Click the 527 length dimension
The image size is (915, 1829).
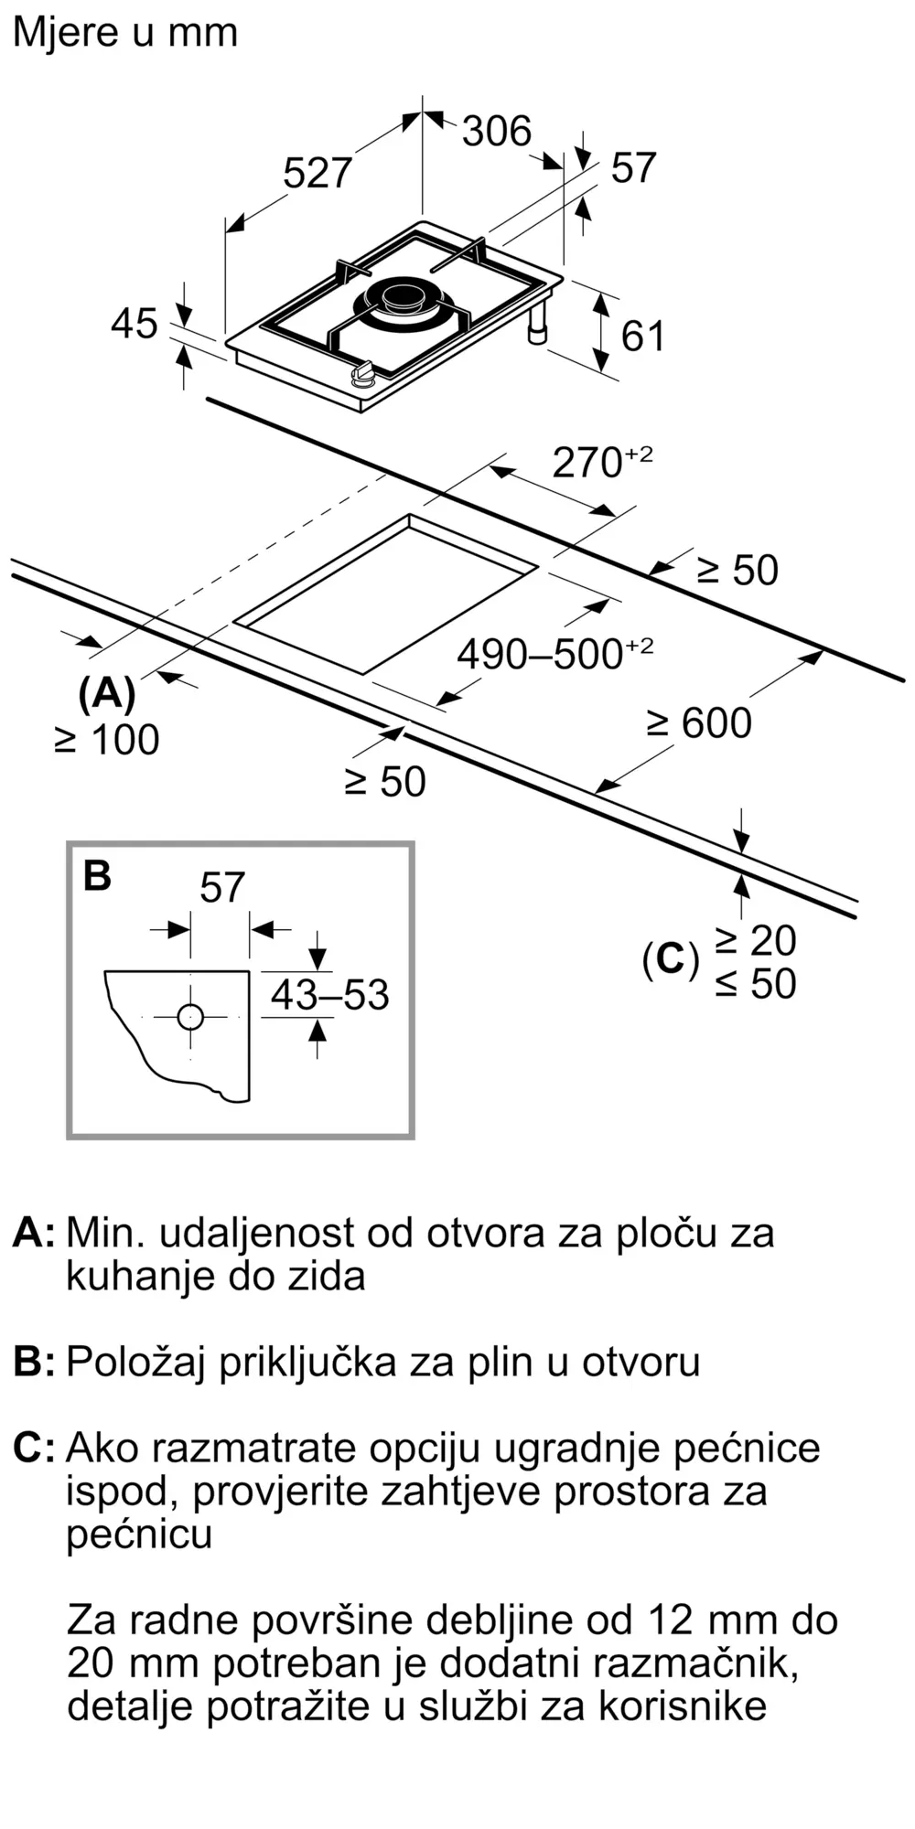(317, 173)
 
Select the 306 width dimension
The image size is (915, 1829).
(496, 131)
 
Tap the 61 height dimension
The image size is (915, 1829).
(642, 336)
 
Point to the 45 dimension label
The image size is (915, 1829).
(134, 324)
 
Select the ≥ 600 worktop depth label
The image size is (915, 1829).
(699, 722)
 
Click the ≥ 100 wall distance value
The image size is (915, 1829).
(107, 740)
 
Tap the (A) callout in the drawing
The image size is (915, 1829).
(107, 694)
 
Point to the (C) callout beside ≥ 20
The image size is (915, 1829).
(671, 960)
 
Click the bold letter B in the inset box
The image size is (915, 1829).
(97, 875)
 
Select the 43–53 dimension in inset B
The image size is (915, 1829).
(329, 994)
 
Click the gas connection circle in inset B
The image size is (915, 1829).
(190, 1016)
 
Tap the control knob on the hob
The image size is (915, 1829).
(363, 373)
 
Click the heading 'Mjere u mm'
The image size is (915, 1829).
(125, 33)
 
